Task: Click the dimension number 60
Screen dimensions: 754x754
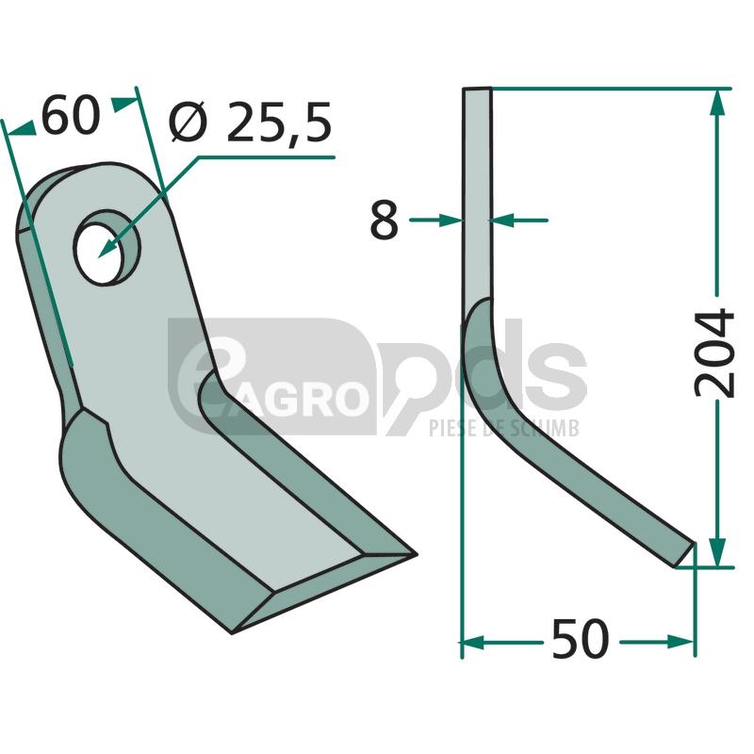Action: pyautogui.click(x=72, y=116)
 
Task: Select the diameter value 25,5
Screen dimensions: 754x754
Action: pyautogui.click(x=279, y=123)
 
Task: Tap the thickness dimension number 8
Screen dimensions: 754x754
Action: pyautogui.click(x=385, y=221)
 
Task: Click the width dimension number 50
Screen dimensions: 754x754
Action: pyautogui.click(x=581, y=639)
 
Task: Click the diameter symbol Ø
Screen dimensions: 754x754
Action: pyautogui.click(x=188, y=123)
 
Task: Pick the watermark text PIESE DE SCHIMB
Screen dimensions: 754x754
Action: pyautogui.click(x=504, y=428)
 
